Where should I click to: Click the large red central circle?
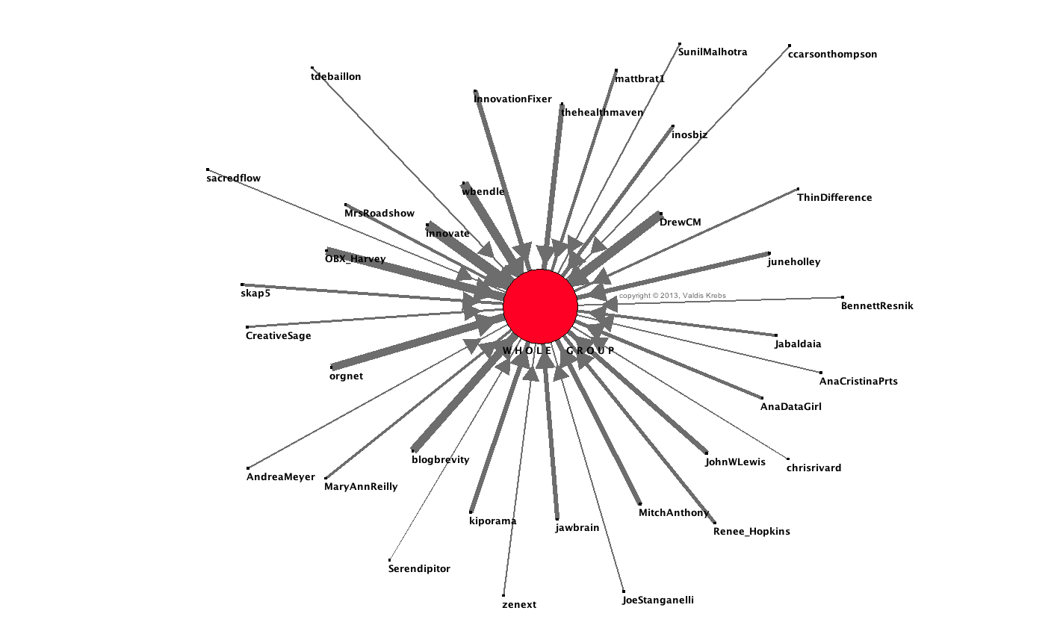point(540,305)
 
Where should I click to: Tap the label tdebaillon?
point(335,77)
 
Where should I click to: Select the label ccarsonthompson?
point(832,55)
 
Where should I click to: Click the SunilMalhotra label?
point(712,52)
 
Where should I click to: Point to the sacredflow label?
point(233,178)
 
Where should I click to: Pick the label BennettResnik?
point(876,306)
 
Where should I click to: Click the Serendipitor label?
point(419,569)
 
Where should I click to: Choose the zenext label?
point(519,605)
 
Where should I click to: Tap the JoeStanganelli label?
point(657,600)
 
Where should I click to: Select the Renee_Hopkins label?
point(751,532)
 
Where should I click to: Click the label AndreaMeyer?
point(280,477)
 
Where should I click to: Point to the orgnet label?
point(346,376)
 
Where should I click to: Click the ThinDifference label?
point(834,198)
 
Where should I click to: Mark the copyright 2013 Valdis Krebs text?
point(672,296)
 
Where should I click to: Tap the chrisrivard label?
point(813,468)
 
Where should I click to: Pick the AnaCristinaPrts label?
point(858,382)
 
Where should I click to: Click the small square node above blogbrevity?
point(413,450)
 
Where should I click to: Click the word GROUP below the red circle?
point(589,351)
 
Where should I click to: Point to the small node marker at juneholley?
point(769,253)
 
